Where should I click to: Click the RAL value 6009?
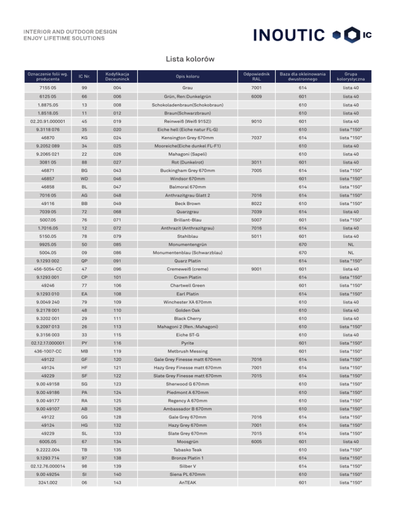click(x=256, y=97)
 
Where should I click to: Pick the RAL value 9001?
click(x=256, y=268)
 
